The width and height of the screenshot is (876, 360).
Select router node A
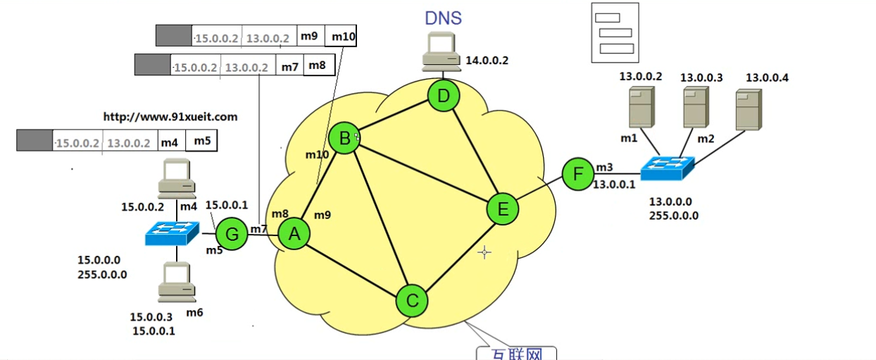(x=294, y=233)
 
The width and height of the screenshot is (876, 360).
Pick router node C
(x=412, y=301)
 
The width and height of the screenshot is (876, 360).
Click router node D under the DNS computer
(x=444, y=97)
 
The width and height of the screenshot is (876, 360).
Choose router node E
(x=503, y=209)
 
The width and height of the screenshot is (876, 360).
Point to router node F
(x=578, y=173)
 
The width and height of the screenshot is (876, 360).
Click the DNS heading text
(x=443, y=18)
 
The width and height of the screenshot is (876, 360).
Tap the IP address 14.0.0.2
(x=487, y=61)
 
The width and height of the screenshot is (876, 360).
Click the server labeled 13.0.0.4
(x=747, y=110)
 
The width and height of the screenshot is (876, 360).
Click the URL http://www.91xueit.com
(x=170, y=117)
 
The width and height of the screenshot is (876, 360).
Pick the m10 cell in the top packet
(x=344, y=36)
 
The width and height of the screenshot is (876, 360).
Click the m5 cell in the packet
(x=202, y=141)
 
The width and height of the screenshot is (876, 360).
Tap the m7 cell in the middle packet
(x=289, y=66)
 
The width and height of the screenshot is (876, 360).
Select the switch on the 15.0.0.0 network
(x=172, y=233)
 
